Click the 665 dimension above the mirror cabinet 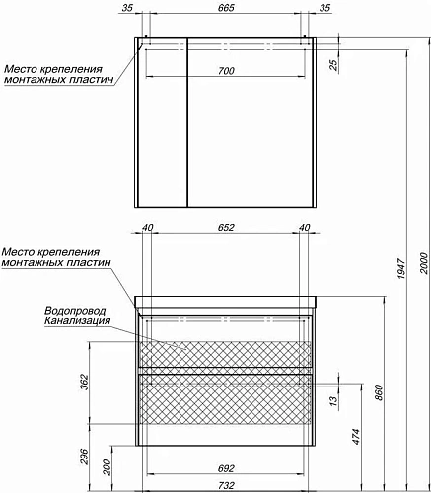(x=227, y=9)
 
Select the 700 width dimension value (x=227, y=71)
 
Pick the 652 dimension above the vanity (x=226, y=229)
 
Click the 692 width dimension (x=226, y=469)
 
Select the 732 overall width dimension (x=226, y=486)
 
